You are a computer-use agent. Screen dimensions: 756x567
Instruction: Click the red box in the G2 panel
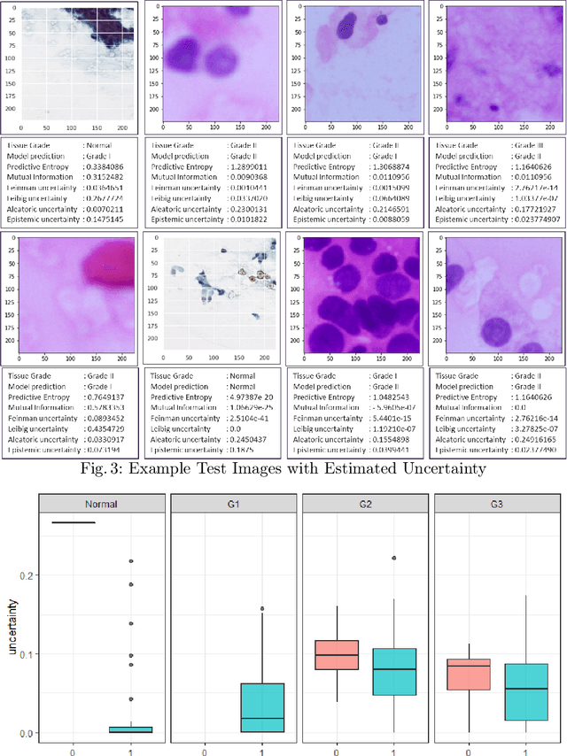(337, 655)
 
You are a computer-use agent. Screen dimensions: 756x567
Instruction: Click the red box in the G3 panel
(469, 675)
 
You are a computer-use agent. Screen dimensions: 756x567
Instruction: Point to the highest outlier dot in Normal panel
(131, 561)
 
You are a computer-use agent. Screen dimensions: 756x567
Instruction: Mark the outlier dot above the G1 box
(261, 609)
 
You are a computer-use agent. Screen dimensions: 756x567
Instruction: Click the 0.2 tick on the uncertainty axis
(27, 575)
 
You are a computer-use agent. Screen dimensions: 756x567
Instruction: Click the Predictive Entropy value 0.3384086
(110, 165)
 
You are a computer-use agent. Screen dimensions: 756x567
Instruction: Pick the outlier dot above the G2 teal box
(393, 559)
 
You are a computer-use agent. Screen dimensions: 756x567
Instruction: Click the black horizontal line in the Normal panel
(74, 522)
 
